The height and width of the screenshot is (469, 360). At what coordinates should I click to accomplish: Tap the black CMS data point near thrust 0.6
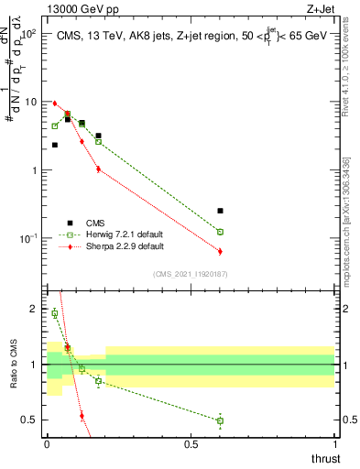220,211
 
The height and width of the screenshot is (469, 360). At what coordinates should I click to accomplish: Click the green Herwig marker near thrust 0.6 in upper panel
220,232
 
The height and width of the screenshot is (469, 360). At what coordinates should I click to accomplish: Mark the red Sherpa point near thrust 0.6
220,251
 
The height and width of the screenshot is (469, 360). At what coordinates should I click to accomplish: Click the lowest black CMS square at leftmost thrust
55,145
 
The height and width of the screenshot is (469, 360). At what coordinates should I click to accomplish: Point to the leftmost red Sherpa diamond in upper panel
55,104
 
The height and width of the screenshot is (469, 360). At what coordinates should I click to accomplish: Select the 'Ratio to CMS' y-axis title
13,365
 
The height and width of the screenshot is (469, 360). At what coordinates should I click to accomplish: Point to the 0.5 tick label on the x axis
191,444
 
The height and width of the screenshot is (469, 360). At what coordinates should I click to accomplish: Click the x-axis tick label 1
335,444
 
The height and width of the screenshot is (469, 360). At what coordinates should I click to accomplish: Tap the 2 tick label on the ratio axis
35,309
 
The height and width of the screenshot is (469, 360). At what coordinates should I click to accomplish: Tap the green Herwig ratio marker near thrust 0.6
220,420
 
